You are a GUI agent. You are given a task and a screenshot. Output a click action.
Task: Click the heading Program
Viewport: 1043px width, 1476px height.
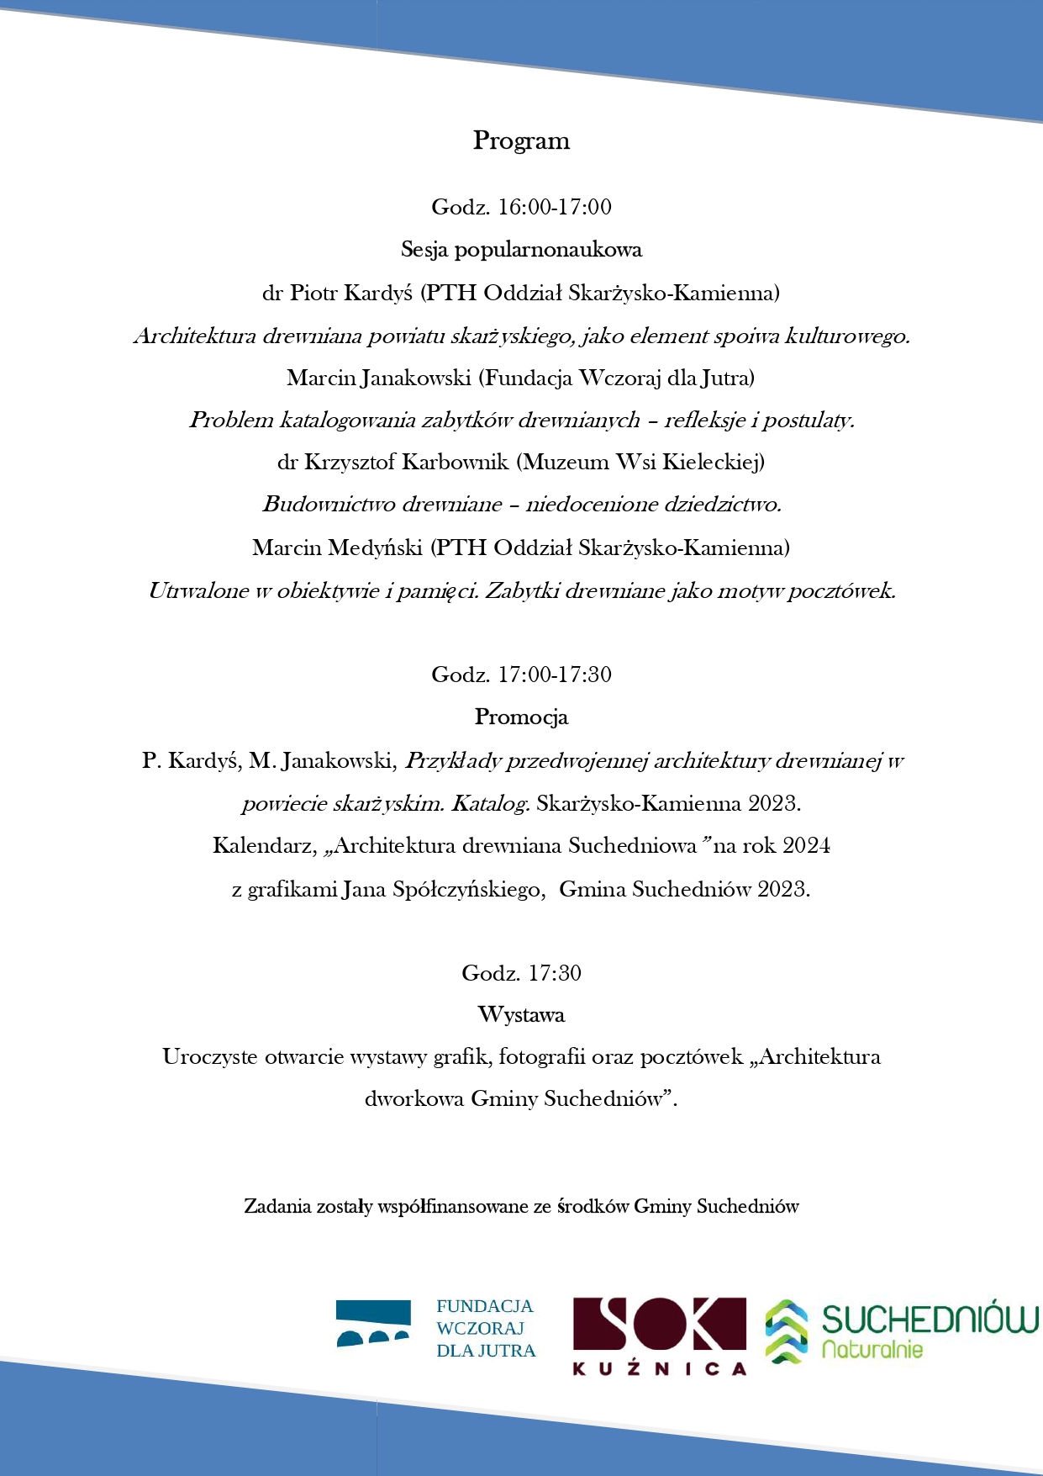[x=521, y=140]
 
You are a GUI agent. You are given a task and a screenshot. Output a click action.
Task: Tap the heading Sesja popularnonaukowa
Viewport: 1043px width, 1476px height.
[x=521, y=250]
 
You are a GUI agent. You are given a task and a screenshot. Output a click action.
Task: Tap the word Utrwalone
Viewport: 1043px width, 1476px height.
[x=198, y=590]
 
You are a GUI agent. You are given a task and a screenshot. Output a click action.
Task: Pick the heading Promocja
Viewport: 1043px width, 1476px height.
[x=521, y=717]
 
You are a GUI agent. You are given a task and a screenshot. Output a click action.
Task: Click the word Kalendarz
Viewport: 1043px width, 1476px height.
[x=261, y=845]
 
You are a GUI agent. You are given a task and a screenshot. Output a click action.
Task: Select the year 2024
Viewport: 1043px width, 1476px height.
[x=806, y=845]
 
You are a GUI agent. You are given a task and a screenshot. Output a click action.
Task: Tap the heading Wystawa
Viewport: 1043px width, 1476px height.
[x=521, y=1015]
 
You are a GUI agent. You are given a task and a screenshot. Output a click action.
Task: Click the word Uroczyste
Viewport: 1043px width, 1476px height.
[x=210, y=1057]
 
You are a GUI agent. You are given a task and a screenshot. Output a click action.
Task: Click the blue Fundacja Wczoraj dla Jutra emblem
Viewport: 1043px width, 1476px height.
[x=373, y=1323]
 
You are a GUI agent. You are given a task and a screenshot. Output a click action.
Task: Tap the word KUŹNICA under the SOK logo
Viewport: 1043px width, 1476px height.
[x=659, y=1369]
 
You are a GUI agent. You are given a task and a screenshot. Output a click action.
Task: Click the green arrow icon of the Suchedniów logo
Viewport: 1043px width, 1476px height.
[x=786, y=1331]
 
